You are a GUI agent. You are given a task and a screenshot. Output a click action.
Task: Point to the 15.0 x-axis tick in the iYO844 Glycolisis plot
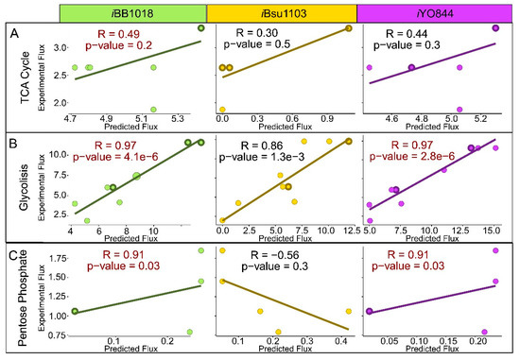point(493,231)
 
